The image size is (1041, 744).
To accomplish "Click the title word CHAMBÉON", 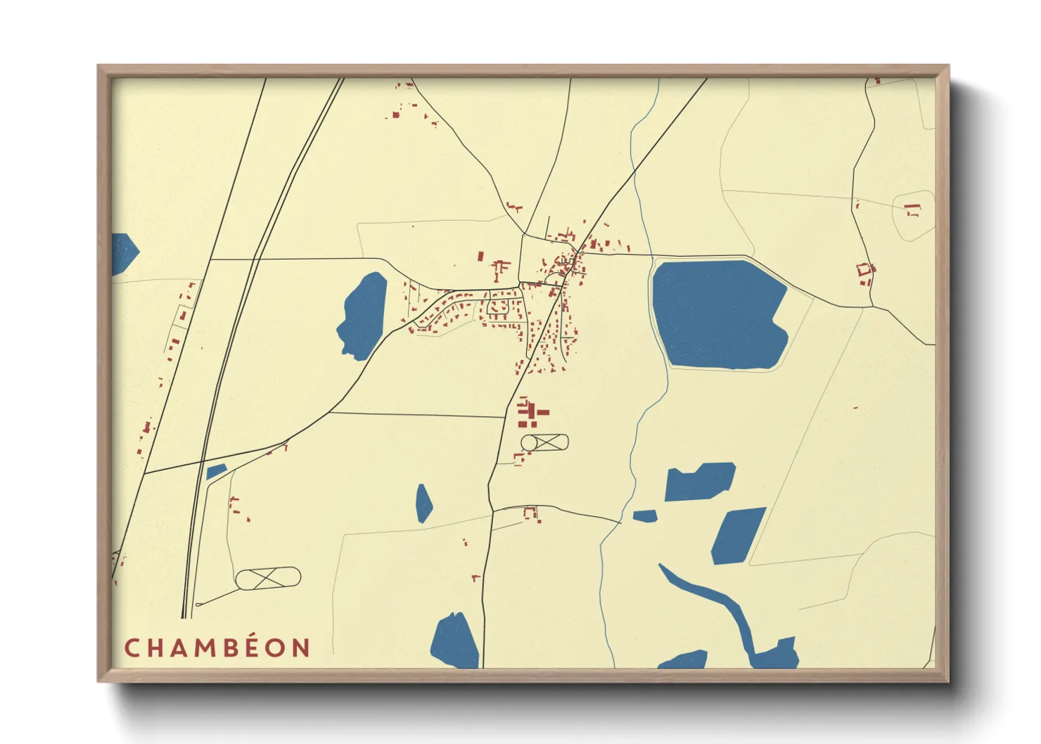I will pos(217,648).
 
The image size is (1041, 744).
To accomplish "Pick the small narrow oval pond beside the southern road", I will pos(423,504).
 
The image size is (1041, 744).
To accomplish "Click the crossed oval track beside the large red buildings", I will pos(544,442).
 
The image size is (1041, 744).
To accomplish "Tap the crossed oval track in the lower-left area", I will pos(268,579).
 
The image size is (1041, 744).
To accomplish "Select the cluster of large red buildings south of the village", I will pos(532,413).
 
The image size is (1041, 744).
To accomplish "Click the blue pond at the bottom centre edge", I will pos(455,641).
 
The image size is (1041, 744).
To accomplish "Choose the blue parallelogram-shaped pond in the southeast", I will pos(738,536).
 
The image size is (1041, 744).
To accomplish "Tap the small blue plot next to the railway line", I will pos(216,471).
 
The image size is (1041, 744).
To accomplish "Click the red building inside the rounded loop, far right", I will pos(913,210).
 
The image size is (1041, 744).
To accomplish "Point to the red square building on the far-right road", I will pos(864,271).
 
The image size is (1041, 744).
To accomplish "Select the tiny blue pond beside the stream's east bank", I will pos(645,516).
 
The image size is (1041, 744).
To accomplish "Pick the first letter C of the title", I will pos(132,648).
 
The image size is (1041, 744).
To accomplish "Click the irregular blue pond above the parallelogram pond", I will pos(699,482).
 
